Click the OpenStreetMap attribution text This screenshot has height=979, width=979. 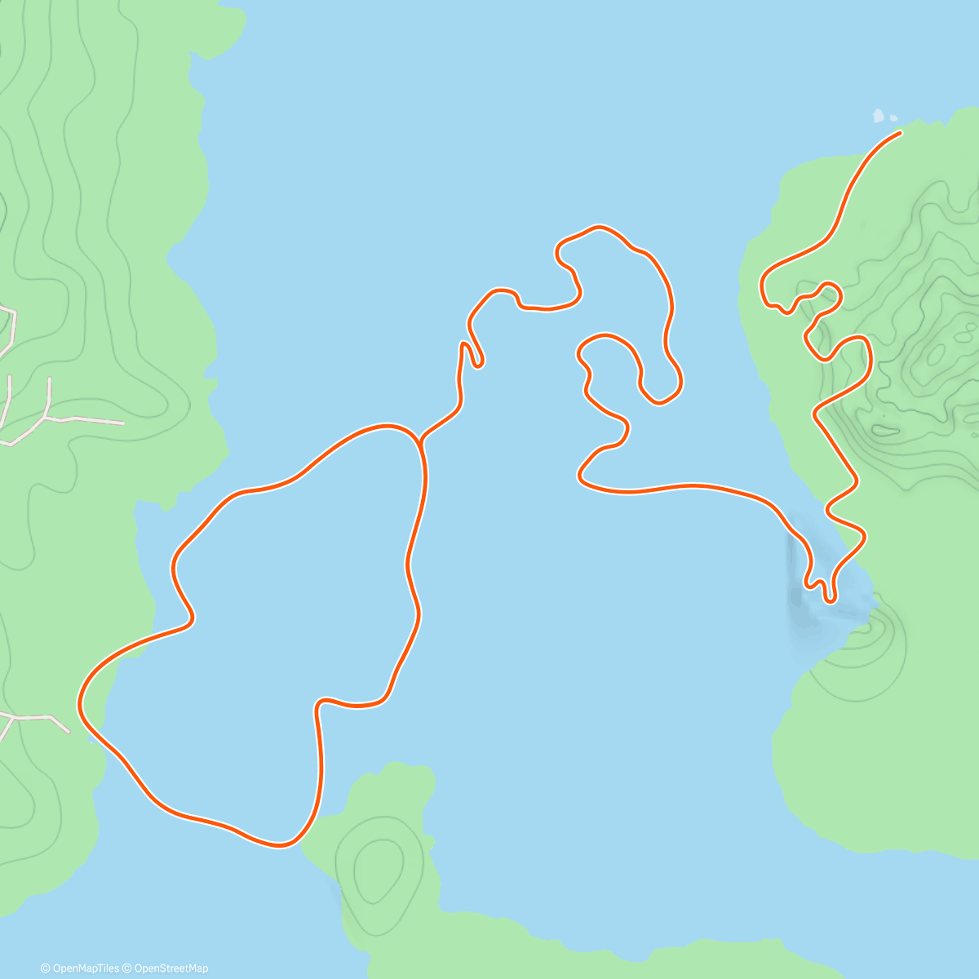coord(171,968)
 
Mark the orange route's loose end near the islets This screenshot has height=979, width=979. coord(899,132)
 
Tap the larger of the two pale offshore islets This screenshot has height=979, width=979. coord(879,116)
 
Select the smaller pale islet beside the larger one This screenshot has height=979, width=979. coord(893,118)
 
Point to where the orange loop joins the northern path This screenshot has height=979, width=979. coord(419,441)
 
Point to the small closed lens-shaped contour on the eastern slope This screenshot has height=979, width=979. coord(884,429)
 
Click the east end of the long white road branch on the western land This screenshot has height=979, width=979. coord(122,423)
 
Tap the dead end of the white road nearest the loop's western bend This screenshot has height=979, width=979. coord(69,731)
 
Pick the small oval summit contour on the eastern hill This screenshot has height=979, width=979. coord(935,354)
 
